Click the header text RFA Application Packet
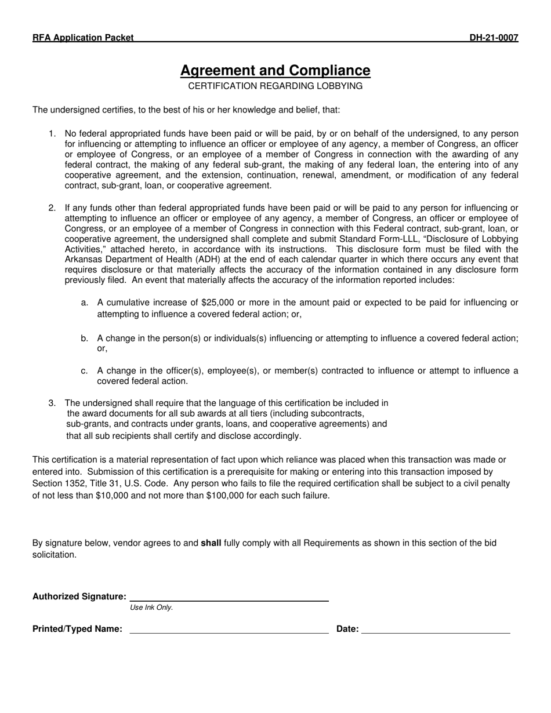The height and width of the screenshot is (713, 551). point(83,38)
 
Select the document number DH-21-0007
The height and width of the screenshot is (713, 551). point(494,38)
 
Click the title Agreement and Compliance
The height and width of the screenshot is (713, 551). point(275,71)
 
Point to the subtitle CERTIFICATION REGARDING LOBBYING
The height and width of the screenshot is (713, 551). point(275,86)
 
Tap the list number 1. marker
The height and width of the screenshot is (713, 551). point(52,134)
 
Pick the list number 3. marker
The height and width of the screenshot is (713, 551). point(52,403)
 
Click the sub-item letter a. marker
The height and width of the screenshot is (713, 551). point(85,303)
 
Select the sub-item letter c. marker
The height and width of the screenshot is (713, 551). point(85,371)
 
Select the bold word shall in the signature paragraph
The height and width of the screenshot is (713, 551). point(211,543)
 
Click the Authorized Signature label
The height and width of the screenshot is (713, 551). point(79,596)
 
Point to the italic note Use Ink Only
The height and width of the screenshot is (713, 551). point(151,607)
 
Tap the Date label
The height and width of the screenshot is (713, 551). point(347,629)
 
